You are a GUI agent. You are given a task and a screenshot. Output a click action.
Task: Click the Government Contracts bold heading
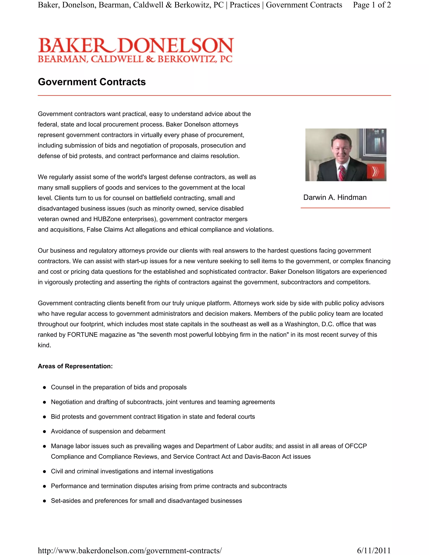(92, 82)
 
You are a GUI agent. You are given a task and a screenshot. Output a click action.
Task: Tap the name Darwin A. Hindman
(335, 197)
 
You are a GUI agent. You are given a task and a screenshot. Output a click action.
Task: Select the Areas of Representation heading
(75, 366)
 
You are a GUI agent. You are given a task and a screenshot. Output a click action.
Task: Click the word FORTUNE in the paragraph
(82, 335)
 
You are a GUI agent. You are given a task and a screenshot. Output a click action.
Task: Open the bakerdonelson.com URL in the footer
(130, 550)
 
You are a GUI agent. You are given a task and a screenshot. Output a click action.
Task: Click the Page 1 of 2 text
(372, 5)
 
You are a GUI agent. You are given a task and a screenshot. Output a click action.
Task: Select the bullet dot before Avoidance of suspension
(44, 431)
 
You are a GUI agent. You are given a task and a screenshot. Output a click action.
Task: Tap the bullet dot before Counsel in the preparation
(44, 387)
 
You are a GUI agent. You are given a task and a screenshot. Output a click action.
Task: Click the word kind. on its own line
(44, 345)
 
